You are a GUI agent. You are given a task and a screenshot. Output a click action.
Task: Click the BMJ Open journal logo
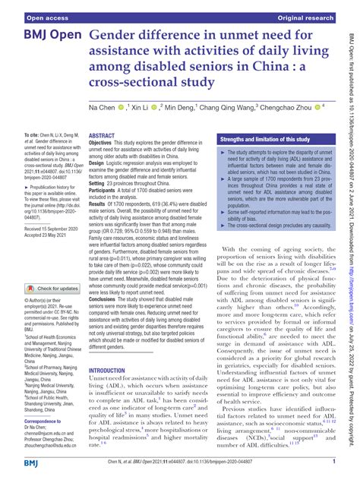(x=43, y=36)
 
